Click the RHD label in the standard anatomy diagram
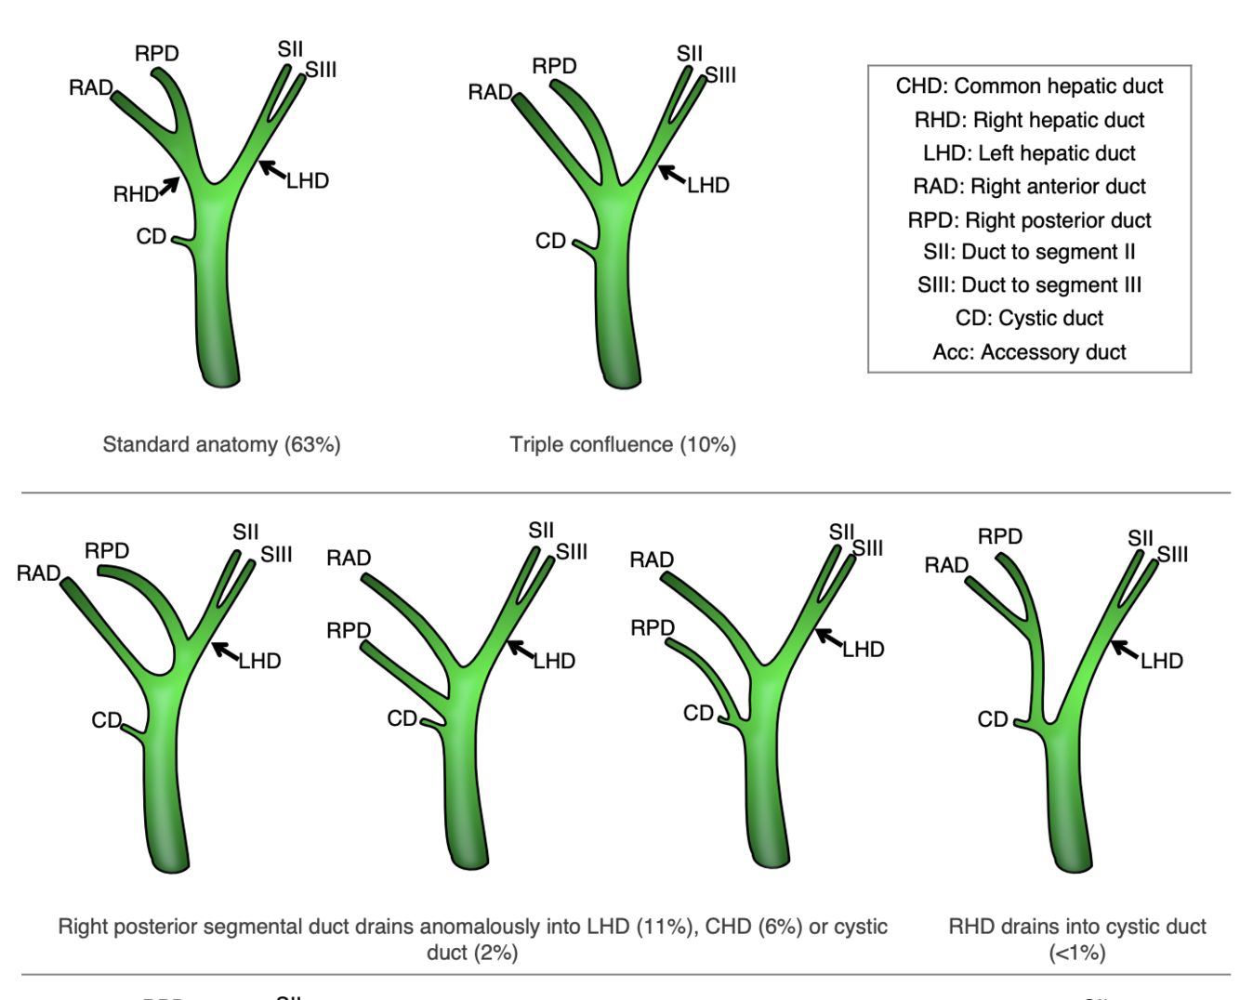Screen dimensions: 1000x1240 pos(135,194)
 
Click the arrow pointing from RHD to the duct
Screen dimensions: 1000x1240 pos(168,186)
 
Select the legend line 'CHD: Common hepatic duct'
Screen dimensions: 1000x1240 pos(1029,86)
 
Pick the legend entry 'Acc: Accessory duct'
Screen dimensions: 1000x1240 pos(1029,352)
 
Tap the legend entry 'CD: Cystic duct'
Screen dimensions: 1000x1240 pos(1029,318)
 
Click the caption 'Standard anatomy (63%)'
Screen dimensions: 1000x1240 pos(221,444)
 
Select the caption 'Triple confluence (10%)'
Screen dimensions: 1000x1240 pos(623,444)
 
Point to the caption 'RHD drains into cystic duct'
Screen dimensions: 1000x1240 pos(1076,927)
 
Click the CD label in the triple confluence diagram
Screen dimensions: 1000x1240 pos(550,242)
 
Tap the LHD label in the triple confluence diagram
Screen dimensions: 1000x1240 pos(708,186)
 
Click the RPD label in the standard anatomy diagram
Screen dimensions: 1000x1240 pos(156,54)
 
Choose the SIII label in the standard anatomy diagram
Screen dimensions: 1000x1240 pos(321,70)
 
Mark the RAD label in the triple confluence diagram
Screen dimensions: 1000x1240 pos(490,92)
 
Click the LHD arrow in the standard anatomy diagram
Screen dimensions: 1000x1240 pos(271,169)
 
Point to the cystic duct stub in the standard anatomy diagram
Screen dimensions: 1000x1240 pos(182,242)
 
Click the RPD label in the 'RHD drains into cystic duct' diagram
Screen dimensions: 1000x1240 pos(999,536)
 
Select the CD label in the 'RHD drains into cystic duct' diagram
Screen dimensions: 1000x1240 pos(993,719)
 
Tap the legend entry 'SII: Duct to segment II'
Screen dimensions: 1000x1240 pos(1029,252)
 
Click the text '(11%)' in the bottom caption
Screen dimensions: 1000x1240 pos(668,927)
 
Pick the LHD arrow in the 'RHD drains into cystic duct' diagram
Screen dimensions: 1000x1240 pos(1126,650)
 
